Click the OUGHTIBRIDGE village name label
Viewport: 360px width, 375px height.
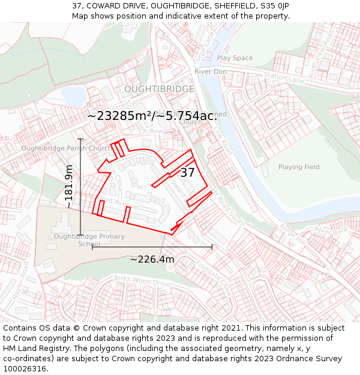point(159,89)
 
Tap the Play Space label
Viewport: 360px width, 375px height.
point(235,58)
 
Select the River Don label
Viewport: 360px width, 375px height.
point(210,71)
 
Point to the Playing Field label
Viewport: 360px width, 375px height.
point(299,167)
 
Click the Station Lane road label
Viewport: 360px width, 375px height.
point(284,77)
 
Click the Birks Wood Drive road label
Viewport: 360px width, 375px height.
point(141,283)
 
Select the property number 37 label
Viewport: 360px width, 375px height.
point(187,173)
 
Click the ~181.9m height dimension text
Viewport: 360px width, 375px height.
point(70,187)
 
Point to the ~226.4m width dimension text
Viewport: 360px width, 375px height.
point(152,259)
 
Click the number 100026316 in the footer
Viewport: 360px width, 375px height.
point(26,368)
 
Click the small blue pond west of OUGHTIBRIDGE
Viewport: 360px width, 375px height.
point(73,96)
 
